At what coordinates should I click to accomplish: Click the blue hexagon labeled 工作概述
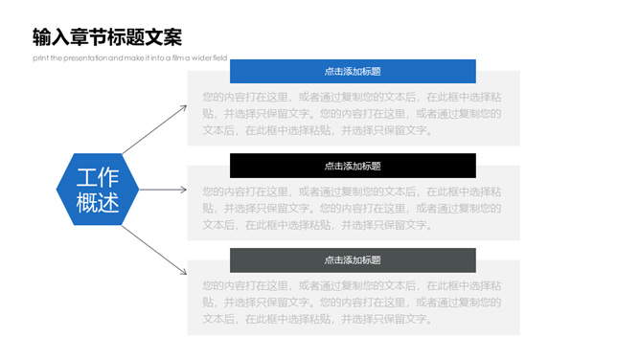pos(98,190)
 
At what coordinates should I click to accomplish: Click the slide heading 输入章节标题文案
pos(106,38)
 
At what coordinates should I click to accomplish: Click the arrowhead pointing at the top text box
pos(184,107)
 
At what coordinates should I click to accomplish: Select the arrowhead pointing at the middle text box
pos(184,190)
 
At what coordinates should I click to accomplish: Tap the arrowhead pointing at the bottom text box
pos(184,273)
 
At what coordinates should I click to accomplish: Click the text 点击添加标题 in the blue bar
pos(353,71)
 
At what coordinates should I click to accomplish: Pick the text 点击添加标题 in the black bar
pos(353,166)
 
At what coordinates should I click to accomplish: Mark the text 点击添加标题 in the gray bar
pos(353,259)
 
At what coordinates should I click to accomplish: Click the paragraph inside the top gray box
pos(353,113)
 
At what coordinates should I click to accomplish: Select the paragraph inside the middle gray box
pos(353,208)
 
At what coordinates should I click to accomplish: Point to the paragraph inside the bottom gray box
pos(353,303)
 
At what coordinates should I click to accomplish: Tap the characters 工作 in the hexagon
pos(98,178)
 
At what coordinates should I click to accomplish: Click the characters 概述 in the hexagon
pos(98,202)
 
